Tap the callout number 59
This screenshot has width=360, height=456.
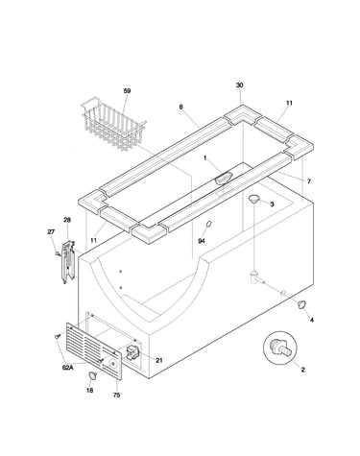tap(127, 91)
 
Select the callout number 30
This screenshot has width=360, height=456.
tap(240, 85)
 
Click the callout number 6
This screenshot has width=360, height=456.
tap(181, 107)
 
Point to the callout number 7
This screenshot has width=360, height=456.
tap(309, 181)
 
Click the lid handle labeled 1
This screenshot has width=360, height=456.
tap(223, 178)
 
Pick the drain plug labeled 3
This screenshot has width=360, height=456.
tap(254, 199)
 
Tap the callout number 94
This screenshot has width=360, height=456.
tap(202, 241)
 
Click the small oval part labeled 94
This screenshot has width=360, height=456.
tap(208, 224)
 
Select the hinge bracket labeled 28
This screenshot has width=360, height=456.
tap(68, 262)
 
